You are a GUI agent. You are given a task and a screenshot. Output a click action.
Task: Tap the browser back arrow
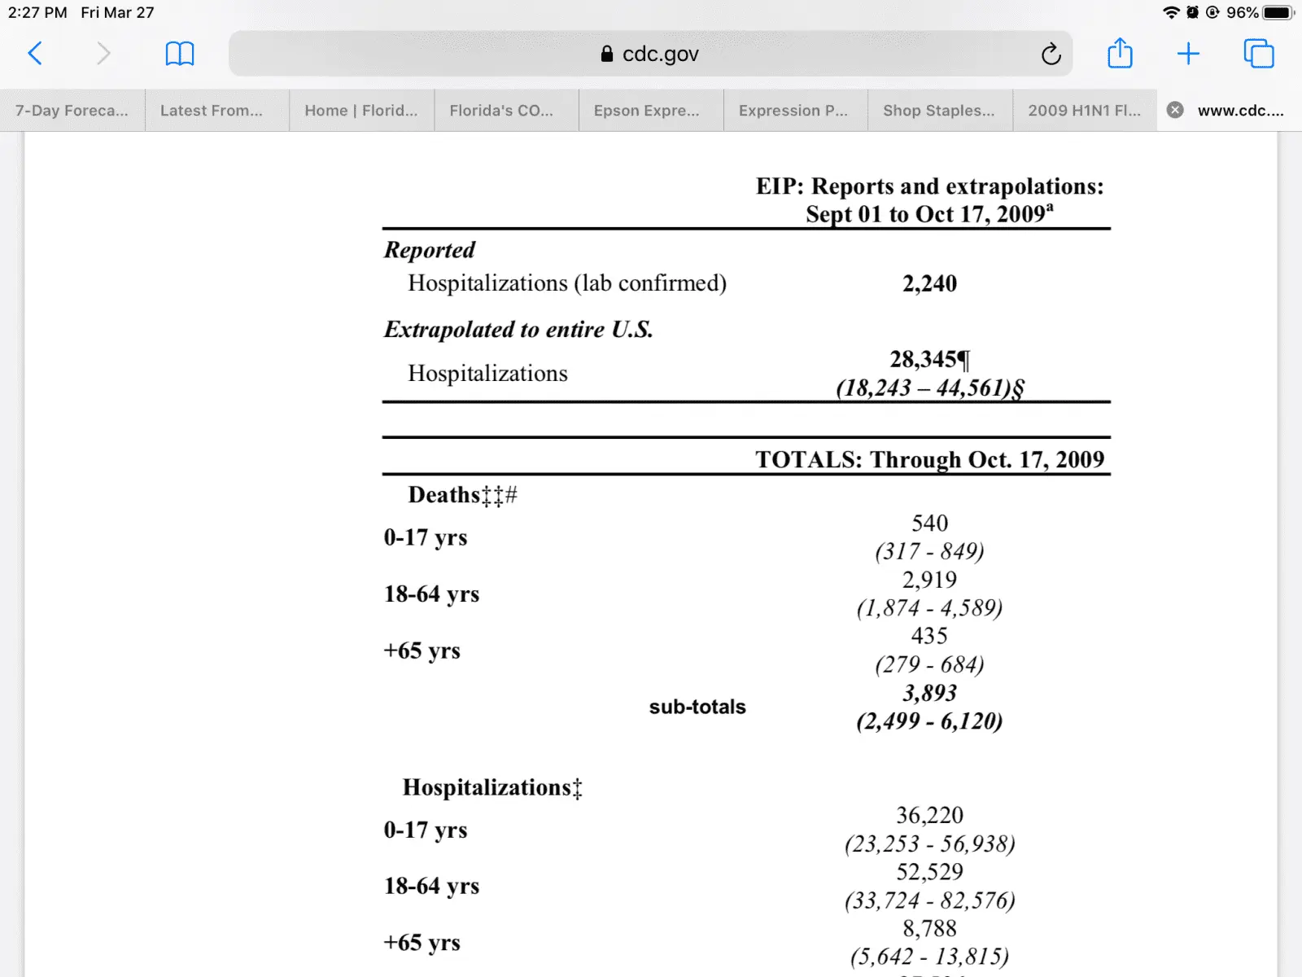35,54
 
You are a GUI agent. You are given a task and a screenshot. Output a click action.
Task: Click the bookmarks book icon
180,54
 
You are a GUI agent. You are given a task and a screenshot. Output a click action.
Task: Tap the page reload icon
1051,54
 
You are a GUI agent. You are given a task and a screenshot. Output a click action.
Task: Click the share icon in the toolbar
1120,54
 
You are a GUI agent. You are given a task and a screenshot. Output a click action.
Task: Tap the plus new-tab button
1188,54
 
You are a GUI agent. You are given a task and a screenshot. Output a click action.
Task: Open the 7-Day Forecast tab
72,111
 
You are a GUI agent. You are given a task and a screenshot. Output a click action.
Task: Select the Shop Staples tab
938,111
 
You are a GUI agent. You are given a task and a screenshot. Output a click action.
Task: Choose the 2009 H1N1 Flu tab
1084,111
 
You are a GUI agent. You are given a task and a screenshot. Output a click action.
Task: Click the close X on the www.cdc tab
1175,110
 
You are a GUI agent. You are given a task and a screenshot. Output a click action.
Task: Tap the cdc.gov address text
659,54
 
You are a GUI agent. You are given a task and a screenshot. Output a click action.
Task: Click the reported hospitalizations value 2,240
929,283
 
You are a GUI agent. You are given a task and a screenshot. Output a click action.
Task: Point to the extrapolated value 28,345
924,359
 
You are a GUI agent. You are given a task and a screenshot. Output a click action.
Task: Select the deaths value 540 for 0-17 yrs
929,523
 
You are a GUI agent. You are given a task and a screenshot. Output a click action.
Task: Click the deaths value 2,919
929,580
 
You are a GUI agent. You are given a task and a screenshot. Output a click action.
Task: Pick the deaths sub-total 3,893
929,693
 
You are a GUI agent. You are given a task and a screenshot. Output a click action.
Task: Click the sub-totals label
697,707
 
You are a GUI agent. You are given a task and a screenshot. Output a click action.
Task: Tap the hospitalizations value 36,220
929,815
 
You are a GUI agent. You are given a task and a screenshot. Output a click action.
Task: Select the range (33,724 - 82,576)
929,900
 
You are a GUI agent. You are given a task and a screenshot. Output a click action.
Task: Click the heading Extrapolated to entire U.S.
518,330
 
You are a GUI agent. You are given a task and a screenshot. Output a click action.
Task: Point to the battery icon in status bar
1278,12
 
